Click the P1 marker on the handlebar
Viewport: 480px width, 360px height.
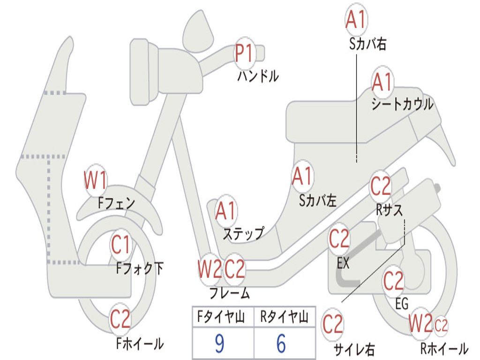click(244, 53)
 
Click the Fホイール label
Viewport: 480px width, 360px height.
click(140, 344)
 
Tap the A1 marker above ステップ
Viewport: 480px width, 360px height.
click(226, 211)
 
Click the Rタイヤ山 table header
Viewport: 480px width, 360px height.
click(284, 318)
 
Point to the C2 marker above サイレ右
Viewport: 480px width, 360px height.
click(333, 324)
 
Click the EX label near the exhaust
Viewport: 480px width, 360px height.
click(343, 263)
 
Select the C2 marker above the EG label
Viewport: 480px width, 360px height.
click(393, 281)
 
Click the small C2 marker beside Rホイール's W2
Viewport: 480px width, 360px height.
click(442, 325)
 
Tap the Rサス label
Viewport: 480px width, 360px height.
click(389, 210)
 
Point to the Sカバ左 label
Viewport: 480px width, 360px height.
click(318, 201)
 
